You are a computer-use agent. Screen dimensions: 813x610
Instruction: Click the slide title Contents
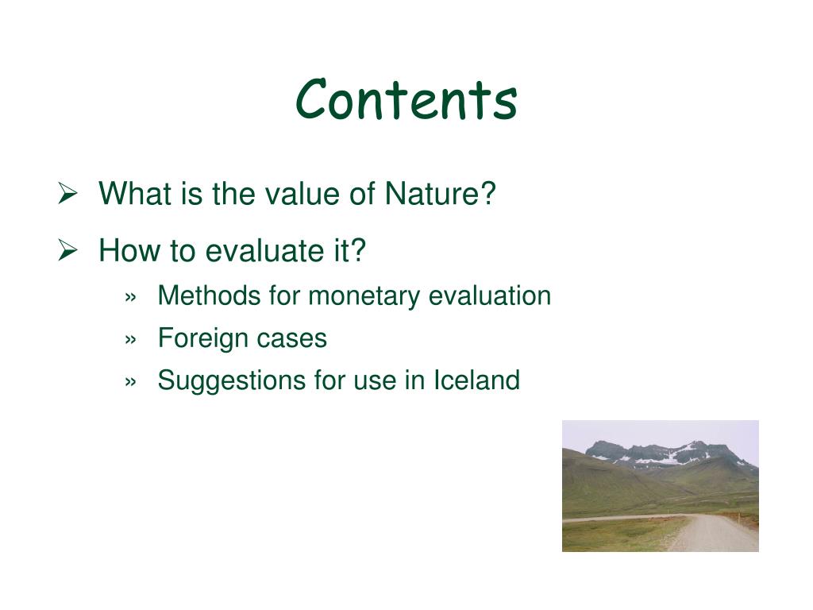point(406,98)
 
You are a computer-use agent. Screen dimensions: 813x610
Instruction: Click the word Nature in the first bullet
point(440,194)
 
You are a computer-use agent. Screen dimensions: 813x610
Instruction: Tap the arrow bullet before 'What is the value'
point(67,194)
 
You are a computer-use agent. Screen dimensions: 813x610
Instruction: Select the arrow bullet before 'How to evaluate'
point(67,250)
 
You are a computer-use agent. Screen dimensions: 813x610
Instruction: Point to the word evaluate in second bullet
point(262,250)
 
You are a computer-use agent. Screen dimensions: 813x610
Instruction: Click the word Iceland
point(476,380)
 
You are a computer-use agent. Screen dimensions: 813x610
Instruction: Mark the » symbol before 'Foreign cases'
point(131,340)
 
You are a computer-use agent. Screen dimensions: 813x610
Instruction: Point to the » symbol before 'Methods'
point(131,297)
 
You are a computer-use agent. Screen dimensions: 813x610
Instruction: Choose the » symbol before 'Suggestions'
point(131,382)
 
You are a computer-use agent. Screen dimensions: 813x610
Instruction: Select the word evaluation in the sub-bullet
point(490,295)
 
